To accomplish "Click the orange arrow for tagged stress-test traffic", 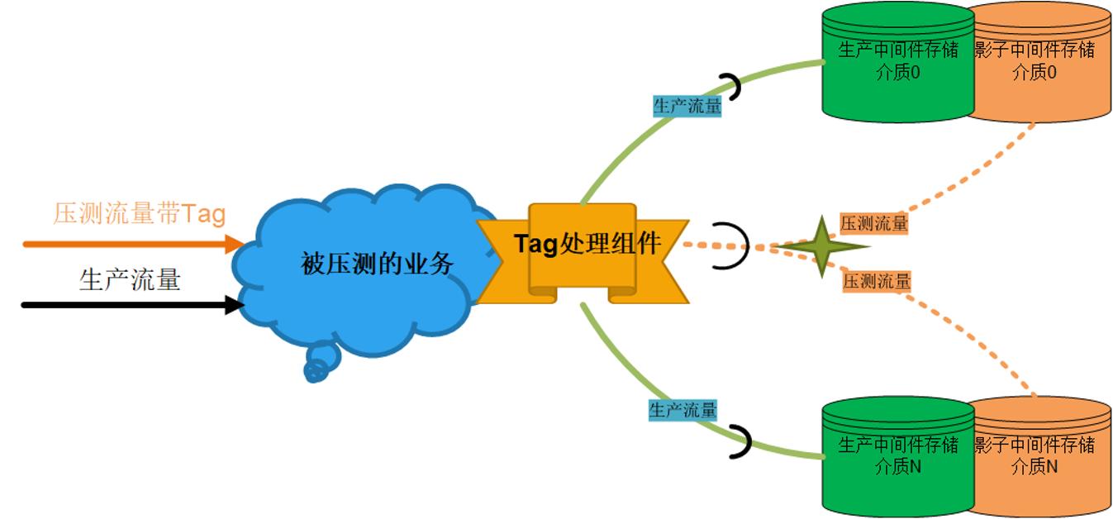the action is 134,244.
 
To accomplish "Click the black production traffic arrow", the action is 133,305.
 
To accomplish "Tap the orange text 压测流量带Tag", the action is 140,214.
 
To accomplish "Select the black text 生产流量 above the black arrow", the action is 130,279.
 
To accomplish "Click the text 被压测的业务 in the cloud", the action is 377,263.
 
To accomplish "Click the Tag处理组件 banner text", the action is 587,244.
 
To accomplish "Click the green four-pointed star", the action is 822,246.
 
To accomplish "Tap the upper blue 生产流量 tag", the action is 687,106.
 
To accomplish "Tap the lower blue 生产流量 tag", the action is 683,410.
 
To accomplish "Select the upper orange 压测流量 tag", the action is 874,223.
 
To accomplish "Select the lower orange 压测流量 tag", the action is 877,281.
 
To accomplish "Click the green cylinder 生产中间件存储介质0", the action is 898,63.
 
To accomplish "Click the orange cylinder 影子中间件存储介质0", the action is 1042,63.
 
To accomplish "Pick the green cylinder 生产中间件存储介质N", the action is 898,456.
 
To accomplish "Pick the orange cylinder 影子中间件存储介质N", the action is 1042,456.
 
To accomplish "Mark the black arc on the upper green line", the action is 738,87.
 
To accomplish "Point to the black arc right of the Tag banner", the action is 746,245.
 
